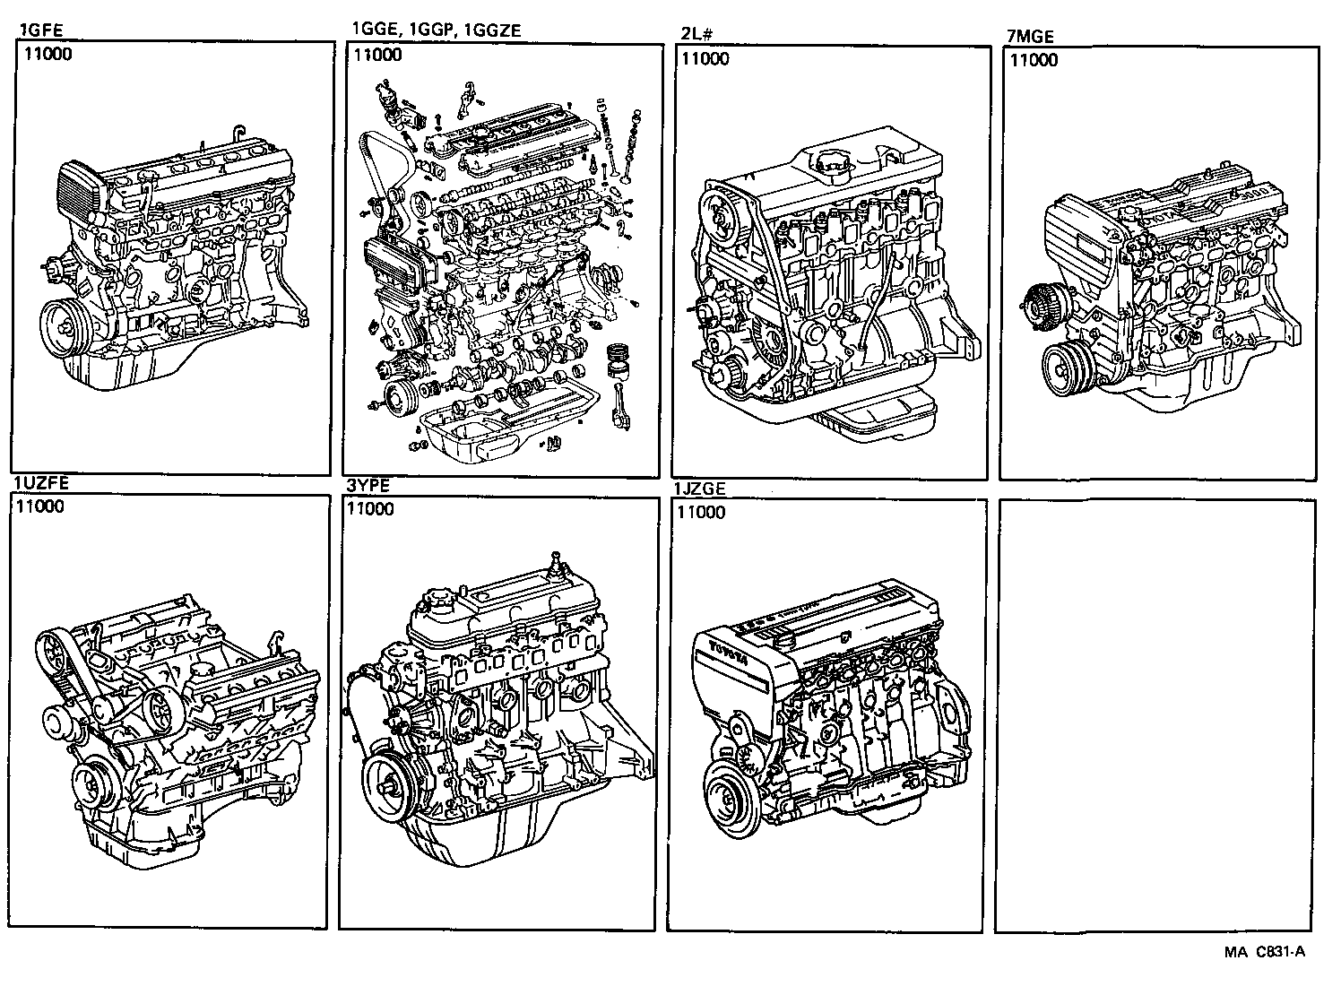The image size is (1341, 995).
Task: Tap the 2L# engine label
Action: click(696, 36)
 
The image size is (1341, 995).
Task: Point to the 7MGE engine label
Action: click(1031, 37)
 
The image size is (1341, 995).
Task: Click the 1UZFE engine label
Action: click(41, 483)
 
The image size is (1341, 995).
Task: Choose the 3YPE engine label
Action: click(368, 487)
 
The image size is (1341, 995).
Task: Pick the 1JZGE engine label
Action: click(700, 489)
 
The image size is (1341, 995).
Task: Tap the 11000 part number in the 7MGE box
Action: click(1034, 60)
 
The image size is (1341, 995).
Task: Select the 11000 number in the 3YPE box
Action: click(370, 509)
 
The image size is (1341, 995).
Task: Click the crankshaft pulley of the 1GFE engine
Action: click(65, 324)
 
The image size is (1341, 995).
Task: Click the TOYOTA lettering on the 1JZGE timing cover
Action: click(728, 652)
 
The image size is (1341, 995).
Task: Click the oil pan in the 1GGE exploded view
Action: click(502, 426)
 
